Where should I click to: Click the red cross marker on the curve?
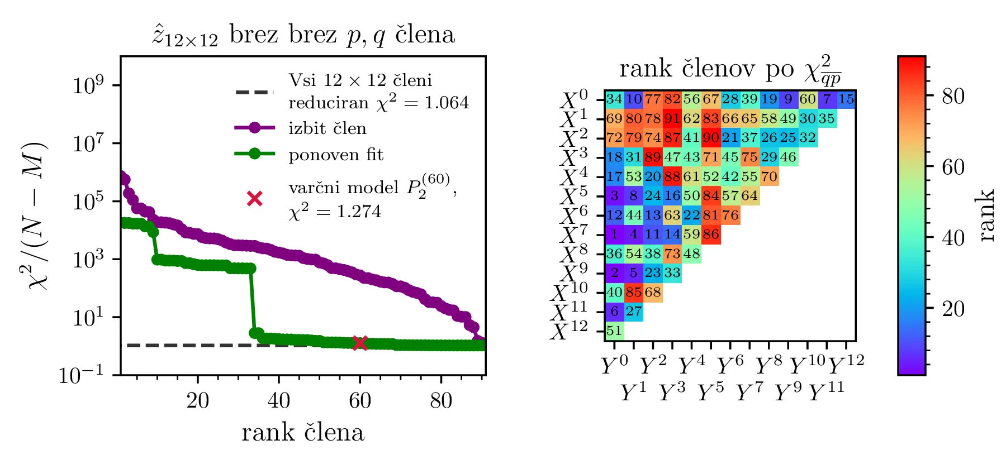[x=360, y=343]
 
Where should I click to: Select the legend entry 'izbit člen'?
[x=327, y=128]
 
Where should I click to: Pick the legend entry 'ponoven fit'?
[x=335, y=154]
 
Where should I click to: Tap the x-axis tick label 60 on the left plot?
[x=360, y=400]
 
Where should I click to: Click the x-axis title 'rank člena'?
[x=303, y=433]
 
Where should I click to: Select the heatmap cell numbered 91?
[x=672, y=119]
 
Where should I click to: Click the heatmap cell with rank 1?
[x=614, y=234]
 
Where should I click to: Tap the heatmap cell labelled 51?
[x=614, y=331]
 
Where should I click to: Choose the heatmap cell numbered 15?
[x=846, y=99]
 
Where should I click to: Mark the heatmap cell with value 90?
[x=710, y=138]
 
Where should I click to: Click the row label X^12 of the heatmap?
[x=569, y=331]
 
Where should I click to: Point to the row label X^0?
[x=573, y=100]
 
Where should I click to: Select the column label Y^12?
[x=846, y=365]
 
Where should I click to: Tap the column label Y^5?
[x=710, y=393]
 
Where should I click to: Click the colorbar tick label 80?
[x=953, y=97]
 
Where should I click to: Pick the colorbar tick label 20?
[x=953, y=308]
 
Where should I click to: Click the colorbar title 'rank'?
[x=988, y=215]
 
